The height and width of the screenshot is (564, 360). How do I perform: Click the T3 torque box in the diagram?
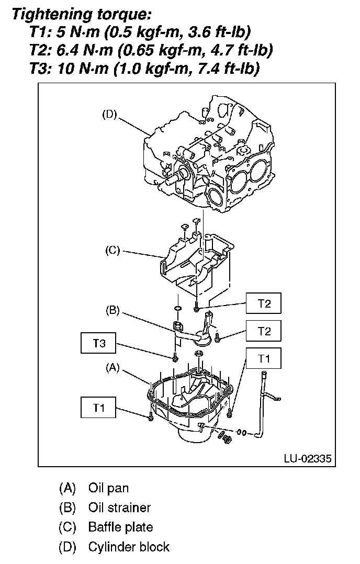(x=99, y=344)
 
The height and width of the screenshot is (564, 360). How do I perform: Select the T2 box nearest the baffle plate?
(x=264, y=304)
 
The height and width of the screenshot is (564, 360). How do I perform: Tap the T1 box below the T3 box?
(x=99, y=409)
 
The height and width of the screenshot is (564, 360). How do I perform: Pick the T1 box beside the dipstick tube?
(x=264, y=359)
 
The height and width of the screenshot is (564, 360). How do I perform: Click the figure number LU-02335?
(x=307, y=459)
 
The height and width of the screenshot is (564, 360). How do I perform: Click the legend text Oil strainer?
(x=119, y=507)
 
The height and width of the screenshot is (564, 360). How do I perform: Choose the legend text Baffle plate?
(x=120, y=527)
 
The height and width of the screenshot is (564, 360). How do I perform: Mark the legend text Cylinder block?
(x=129, y=547)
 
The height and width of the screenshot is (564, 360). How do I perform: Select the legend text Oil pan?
(x=108, y=489)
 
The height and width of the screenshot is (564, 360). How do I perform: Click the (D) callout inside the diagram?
(x=109, y=115)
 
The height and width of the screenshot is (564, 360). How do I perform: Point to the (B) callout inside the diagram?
(x=112, y=311)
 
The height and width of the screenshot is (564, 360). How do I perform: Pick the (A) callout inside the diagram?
(x=112, y=368)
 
